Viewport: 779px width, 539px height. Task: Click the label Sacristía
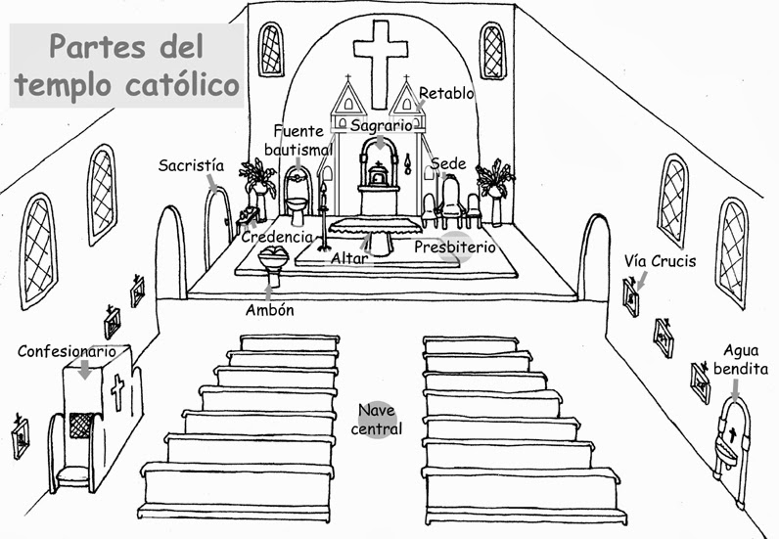(191, 165)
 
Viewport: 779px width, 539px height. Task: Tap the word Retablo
(446, 93)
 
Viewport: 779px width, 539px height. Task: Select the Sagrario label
(381, 126)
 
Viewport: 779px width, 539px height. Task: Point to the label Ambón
(270, 310)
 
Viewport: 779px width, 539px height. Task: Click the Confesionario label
(67, 351)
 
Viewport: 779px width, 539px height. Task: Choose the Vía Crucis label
(661, 261)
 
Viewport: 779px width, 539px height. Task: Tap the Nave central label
(377, 420)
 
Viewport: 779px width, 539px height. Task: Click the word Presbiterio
(455, 247)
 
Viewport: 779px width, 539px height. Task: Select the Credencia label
(277, 237)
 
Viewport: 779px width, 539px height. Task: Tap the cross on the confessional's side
(117, 392)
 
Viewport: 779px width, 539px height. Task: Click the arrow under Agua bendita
(735, 390)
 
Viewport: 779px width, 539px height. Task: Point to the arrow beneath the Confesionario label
(85, 370)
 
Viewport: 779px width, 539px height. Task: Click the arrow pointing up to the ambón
(269, 292)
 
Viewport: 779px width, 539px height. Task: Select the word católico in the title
(182, 84)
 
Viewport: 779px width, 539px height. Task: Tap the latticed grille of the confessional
(80, 426)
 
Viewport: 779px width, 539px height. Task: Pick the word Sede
(448, 163)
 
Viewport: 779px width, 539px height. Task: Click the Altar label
(349, 258)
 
